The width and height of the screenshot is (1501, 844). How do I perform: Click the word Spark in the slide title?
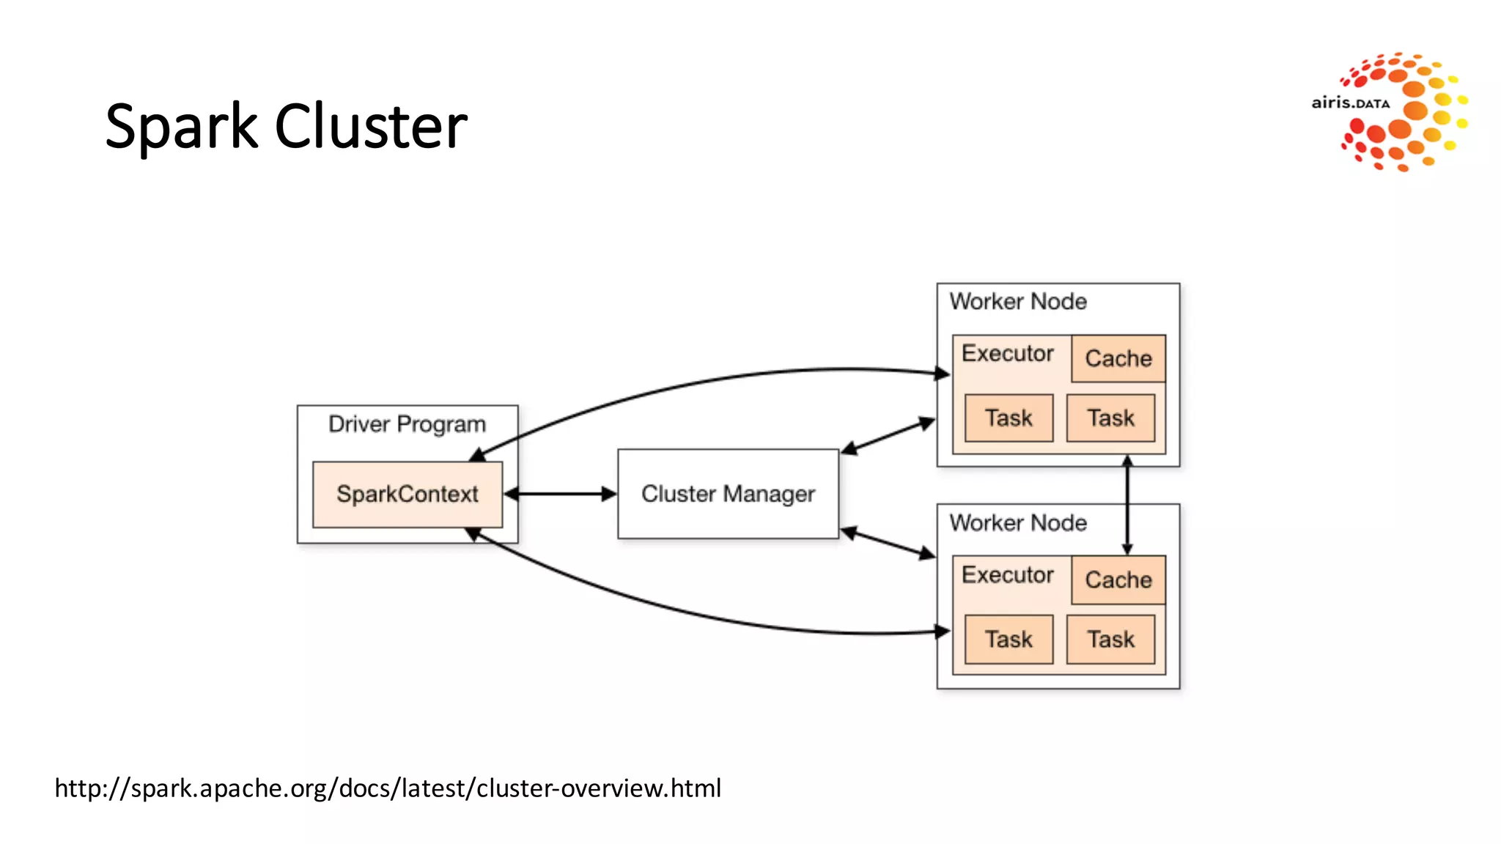pyautogui.click(x=181, y=126)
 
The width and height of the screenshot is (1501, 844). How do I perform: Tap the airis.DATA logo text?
pyautogui.click(x=1350, y=103)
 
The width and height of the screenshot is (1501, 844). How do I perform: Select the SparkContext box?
pyautogui.click(x=407, y=495)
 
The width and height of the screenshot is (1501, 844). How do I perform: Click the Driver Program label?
pyautogui.click(x=407, y=424)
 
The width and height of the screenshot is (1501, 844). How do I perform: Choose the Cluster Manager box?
pyautogui.click(x=728, y=494)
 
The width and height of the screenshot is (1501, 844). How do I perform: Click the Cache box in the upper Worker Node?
pyautogui.click(x=1118, y=358)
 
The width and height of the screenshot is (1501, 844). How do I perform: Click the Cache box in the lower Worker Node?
pyautogui.click(x=1118, y=580)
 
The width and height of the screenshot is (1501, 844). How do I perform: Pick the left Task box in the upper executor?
pyautogui.click(x=1008, y=418)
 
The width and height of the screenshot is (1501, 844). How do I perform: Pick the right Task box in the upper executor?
pyautogui.click(x=1110, y=418)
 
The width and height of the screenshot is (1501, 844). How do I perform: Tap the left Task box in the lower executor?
pyautogui.click(x=1008, y=639)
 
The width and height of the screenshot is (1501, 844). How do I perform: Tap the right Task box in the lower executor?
pyautogui.click(x=1110, y=639)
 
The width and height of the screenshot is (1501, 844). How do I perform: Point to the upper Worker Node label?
pyautogui.click(x=1018, y=301)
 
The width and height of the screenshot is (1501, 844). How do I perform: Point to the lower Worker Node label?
pyautogui.click(x=1018, y=522)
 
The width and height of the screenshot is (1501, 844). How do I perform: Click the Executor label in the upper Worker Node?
pyautogui.click(x=1007, y=353)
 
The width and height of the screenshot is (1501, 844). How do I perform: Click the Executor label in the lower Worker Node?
pyautogui.click(x=1007, y=574)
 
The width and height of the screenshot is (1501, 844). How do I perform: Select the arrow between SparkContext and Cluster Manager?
pyautogui.click(x=561, y=494)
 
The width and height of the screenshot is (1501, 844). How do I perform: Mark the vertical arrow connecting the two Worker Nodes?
pyautogui.click(x=1127, y=506)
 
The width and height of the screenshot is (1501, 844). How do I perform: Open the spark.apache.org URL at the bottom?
pyautogui.click(x=388, y=788)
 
